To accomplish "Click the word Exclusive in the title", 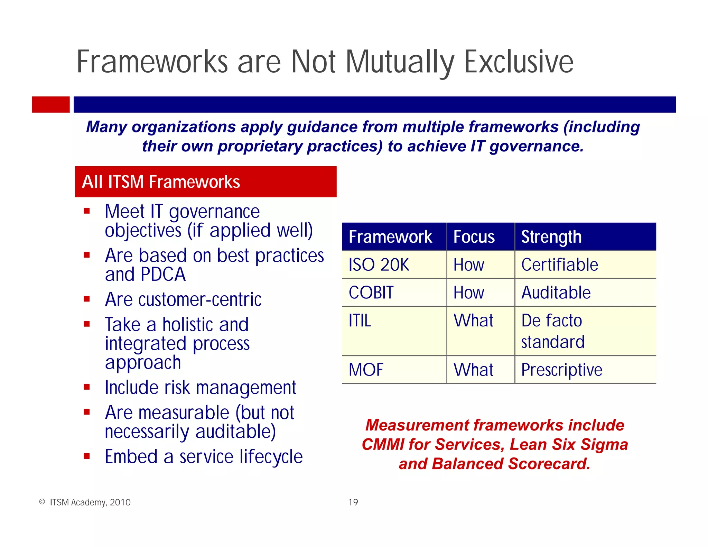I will (519, 62).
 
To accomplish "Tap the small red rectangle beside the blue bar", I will (51, 104).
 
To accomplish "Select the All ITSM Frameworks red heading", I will (205, 182).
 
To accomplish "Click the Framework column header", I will (390, 237).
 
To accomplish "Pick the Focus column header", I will (474, 237).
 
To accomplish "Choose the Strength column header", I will (551, 237).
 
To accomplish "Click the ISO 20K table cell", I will (379, 265).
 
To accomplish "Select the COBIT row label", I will (371, 293).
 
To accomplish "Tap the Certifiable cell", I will (560, 265).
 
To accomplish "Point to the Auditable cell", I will (556, 293).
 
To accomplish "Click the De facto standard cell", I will (553, 331).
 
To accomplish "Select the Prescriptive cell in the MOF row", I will (562, 370).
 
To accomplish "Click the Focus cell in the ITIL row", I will (473, 321).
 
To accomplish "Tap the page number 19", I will (353, 502).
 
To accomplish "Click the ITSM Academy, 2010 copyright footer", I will (90, 502).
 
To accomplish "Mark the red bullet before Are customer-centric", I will (87, 299).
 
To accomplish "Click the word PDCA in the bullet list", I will (163, 275).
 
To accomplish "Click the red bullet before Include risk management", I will (87, 387).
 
